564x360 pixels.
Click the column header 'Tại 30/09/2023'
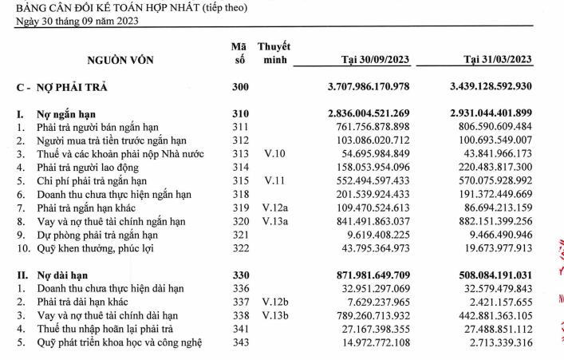click(374, 59)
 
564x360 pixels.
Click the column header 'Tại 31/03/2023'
click(498, 59)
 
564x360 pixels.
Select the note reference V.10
click(272, 152)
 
